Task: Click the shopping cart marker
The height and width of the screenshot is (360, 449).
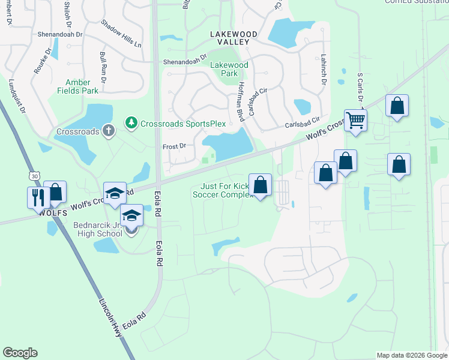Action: [355, 119]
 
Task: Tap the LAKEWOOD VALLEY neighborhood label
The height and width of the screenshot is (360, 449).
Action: [229, 38]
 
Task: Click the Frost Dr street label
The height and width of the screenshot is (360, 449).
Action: [175, 146]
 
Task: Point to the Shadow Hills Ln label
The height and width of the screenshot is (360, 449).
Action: [121, 34]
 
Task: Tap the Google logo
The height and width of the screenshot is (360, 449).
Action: [20, 353]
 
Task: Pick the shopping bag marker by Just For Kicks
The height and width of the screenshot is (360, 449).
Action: [261, 185]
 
